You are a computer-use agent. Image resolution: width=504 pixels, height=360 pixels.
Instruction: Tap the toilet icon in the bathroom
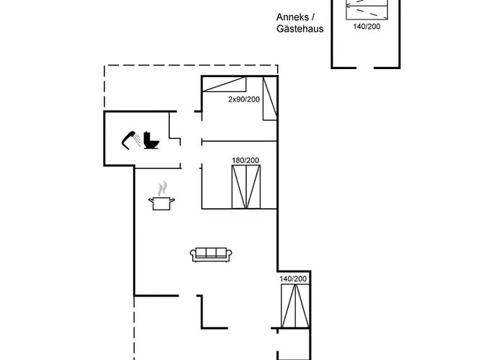pyautogui.click(x=151, y=140)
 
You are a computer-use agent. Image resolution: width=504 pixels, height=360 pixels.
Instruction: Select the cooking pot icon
pyautogui.click(x=162, y=204)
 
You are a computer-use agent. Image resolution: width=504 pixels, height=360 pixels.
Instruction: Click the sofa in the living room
pyautogui.click(x=211, y=255)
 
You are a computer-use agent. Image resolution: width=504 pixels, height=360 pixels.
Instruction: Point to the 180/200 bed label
pyautogui.click(x=246, y=160)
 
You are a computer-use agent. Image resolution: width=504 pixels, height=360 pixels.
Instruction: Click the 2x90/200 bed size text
pyautogui.click(x=243, y=99)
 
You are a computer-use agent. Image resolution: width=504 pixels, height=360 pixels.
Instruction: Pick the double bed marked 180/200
pyautogui.click(x=246, y=186)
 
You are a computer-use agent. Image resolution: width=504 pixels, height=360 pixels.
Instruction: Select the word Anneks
pyautogui.click(x=292, y=17)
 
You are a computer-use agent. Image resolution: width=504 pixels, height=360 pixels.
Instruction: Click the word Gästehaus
pyautogui.click(x=300, y=29)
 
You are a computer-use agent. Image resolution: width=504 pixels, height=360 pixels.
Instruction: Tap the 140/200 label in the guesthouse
pyautogui.click(x=366, y=27)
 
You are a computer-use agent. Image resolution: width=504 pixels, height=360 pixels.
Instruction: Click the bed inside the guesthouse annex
pyautogui.click(x=366, y=9)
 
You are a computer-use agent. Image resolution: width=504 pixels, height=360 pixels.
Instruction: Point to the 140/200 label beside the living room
pyautogui.click(x=293, y=279)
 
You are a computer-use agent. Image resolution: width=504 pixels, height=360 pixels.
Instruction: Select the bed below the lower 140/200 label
pyautogui.click(x=295, y=306)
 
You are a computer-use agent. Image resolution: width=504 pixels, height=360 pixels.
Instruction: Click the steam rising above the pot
pyautogui.click(x=163, y=188)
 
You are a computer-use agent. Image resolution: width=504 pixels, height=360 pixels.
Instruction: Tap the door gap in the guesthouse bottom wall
pyautogui.click(x=365, y=68)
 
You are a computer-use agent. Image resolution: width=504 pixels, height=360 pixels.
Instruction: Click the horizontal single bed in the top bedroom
pyautogui.click(x=224, y=84)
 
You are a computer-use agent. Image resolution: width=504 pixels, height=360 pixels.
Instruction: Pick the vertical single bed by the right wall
pyautogui.click(x=270, y=99)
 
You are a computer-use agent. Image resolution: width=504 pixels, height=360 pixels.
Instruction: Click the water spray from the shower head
pyautogui.click(x=138, y=139)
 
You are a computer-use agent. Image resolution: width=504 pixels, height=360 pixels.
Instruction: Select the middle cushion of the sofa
pyautogui.click(x=211, y=252)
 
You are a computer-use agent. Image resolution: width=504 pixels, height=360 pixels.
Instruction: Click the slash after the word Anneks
pyautogui.click(x=313, y=17)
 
